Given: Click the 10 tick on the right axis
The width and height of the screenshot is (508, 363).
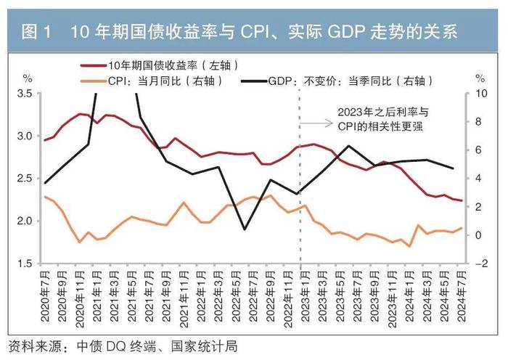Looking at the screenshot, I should pos(480,94).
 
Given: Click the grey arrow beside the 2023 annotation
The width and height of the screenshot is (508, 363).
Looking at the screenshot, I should pos(313,123).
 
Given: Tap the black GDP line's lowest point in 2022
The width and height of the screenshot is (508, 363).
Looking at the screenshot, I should pos(244,229).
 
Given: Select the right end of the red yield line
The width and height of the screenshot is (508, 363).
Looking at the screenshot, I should pos(461,200).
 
